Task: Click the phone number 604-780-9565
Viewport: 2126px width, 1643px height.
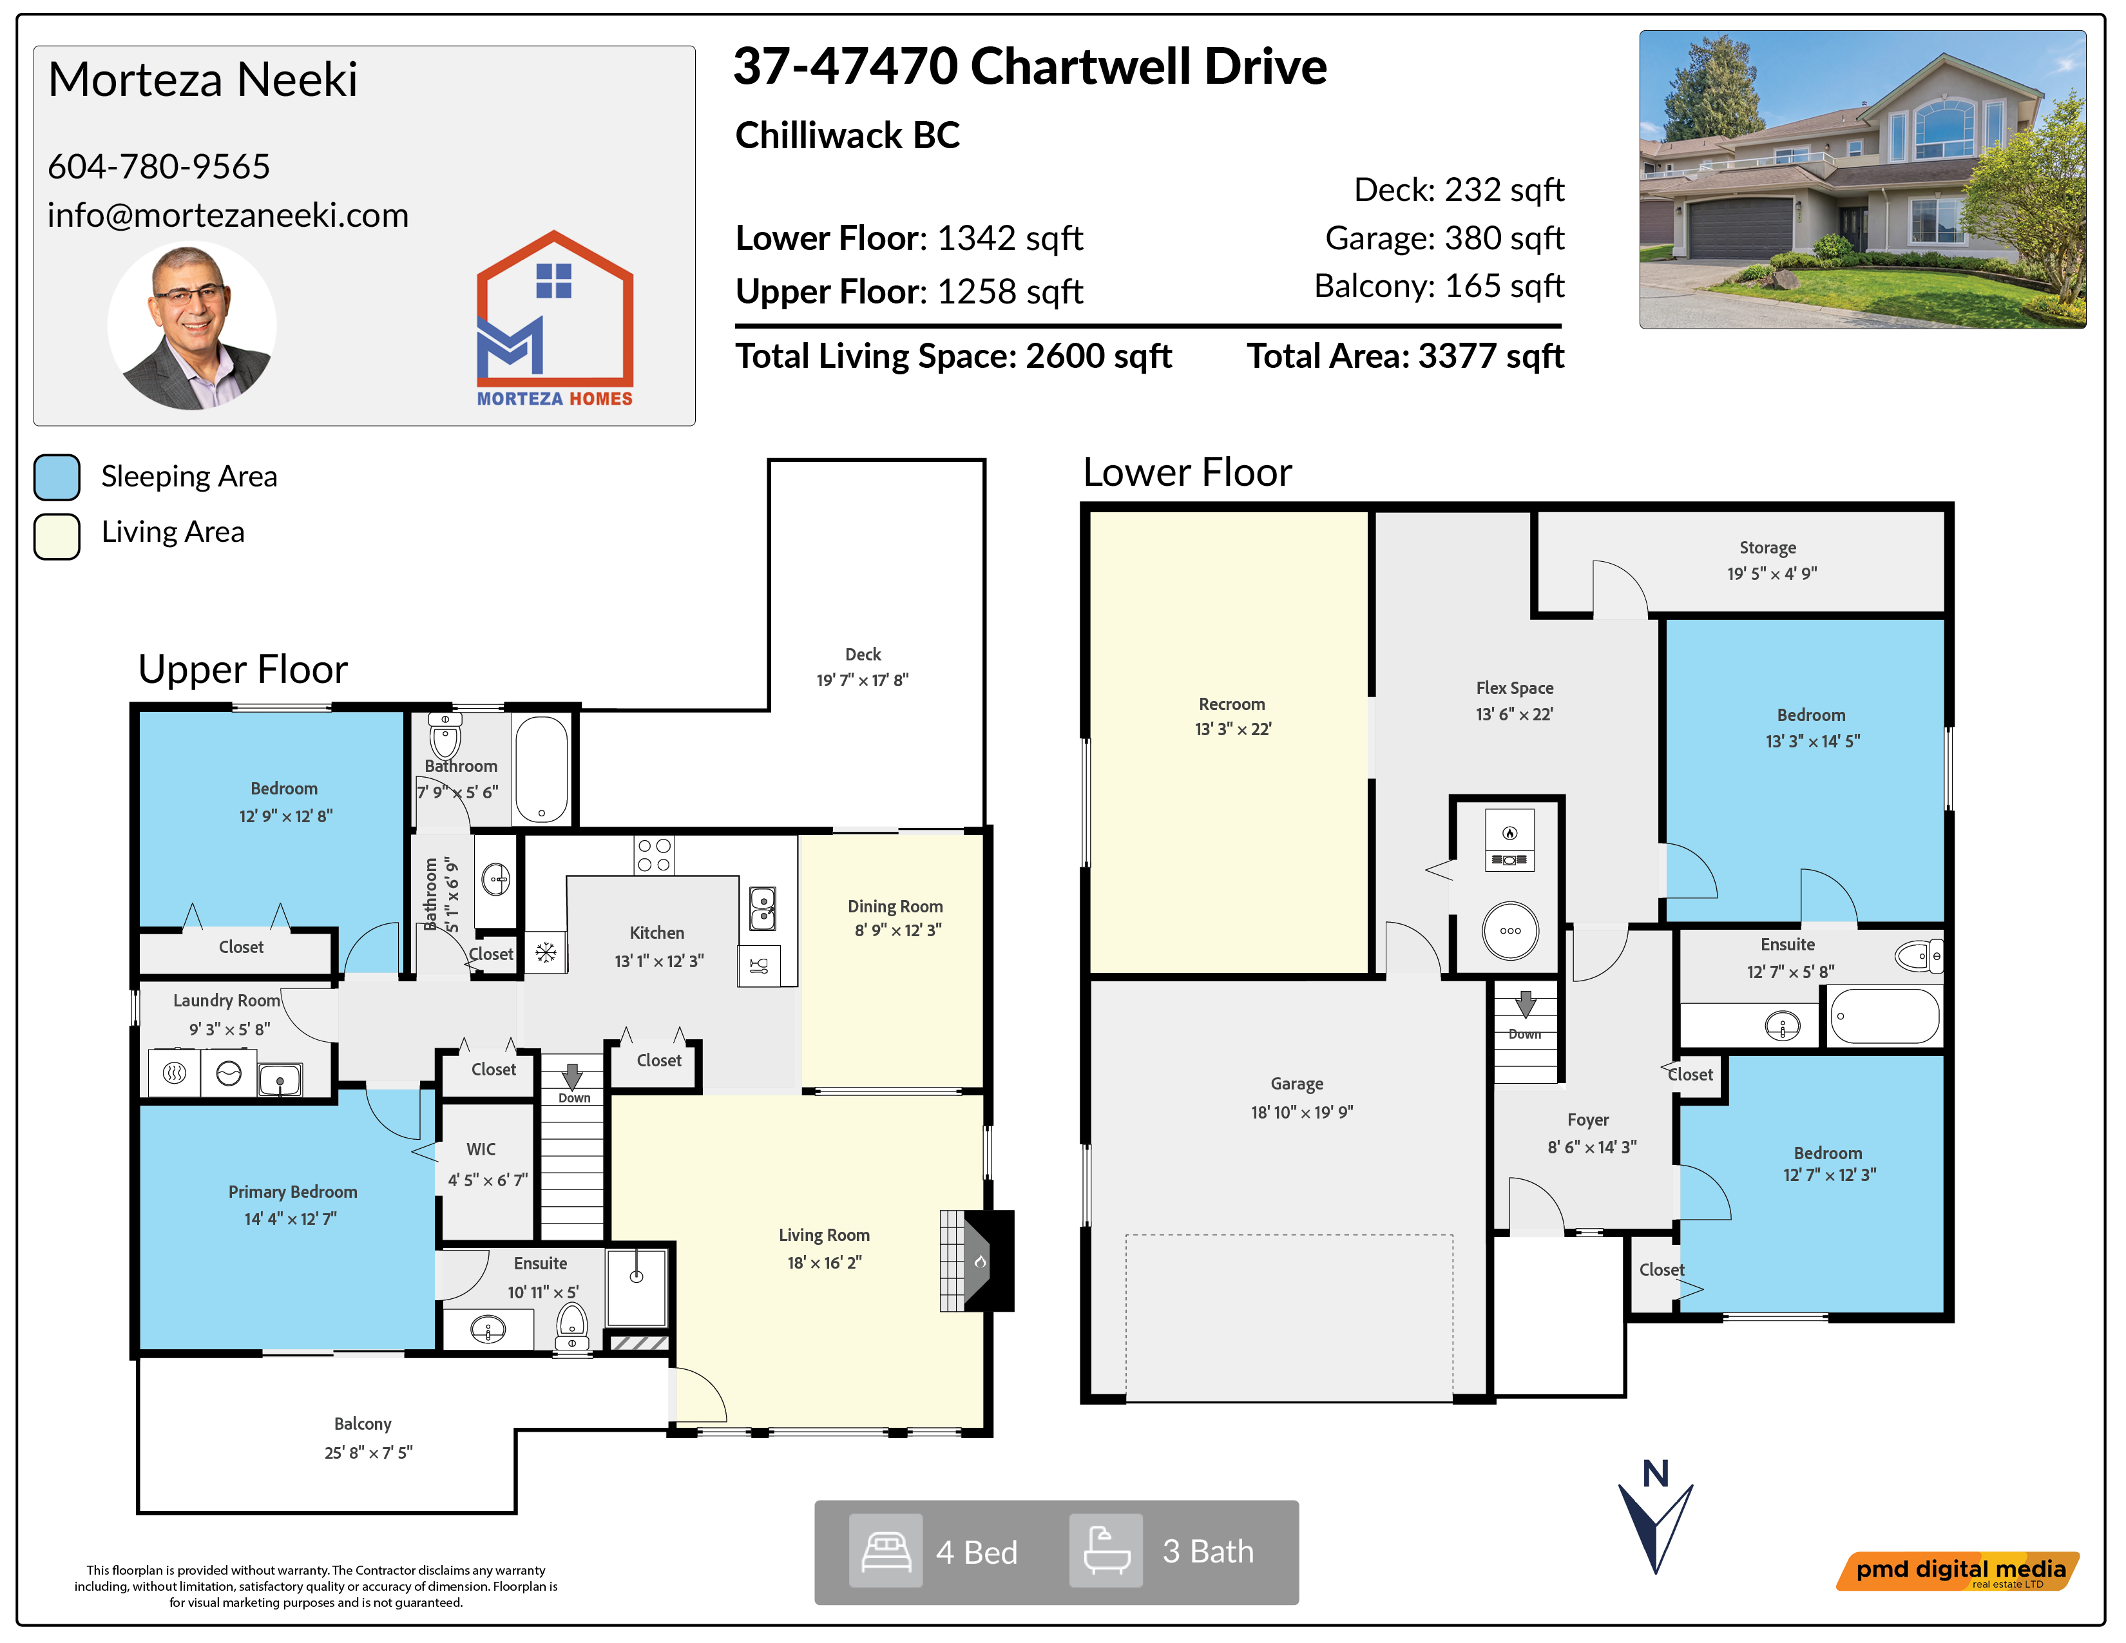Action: coord(158,166)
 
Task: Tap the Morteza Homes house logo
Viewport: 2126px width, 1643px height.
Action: coord(555,318)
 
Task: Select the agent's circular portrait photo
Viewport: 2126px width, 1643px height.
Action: coord(192,325)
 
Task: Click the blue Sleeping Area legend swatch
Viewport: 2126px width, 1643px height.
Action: coord(57,477)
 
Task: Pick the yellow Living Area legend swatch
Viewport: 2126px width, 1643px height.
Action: coord(57,536)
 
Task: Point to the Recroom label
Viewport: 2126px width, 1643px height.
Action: coord(1231,704)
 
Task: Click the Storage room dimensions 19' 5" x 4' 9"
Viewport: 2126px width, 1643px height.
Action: coord(1772,573)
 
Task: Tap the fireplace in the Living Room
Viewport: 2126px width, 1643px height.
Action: coord(977,1260)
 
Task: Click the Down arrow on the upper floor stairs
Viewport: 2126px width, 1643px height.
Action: coord(572,1075)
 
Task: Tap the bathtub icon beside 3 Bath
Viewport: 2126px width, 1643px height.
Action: coord(1106,1550)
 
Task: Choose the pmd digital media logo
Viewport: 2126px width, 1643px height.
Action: coord(1958,1571)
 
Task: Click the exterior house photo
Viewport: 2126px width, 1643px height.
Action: coord(1863,179)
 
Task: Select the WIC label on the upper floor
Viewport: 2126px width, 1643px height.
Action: coord(481,1149)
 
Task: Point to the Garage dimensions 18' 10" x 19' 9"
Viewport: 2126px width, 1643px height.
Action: coord(1301,1111)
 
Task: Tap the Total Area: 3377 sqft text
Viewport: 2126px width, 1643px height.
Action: coord(1406,356)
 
